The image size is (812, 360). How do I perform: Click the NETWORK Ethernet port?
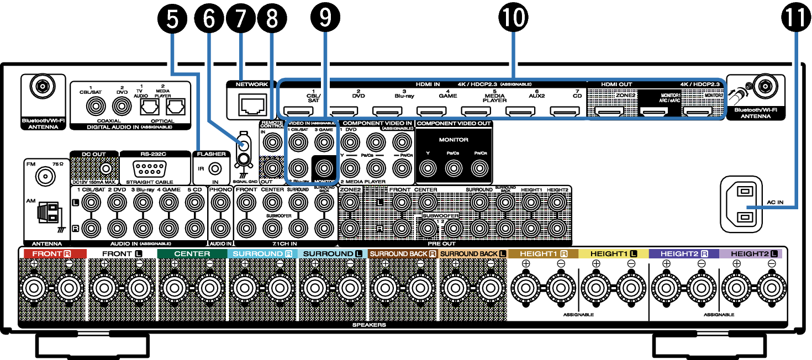tap(251, 104)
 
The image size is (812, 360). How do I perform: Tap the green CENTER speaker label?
tap(192, 253)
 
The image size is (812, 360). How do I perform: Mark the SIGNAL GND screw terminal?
tap(241, 159)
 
